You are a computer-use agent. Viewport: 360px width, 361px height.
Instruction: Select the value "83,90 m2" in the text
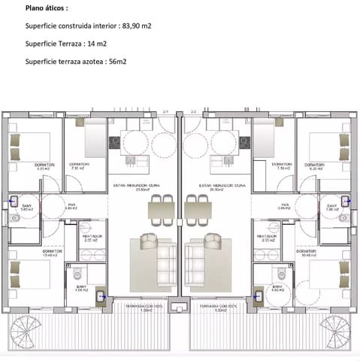click(x=136, y=26)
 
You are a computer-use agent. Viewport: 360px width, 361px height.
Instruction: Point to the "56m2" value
click(x=116, y=61)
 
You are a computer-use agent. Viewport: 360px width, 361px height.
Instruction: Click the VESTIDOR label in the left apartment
click(x=92, y=236)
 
